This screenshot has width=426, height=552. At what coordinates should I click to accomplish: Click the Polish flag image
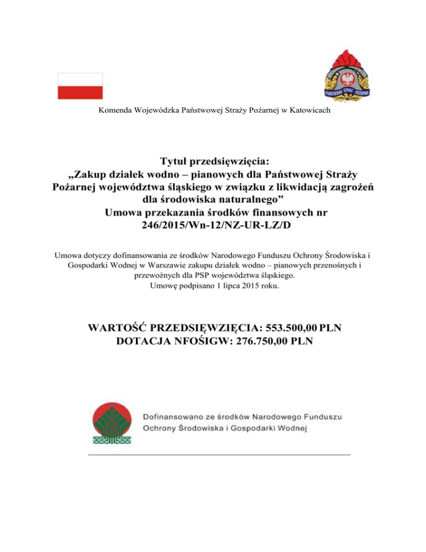[x=80, y=86]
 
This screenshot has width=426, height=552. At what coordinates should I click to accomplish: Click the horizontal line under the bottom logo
[x=219, y=454]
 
